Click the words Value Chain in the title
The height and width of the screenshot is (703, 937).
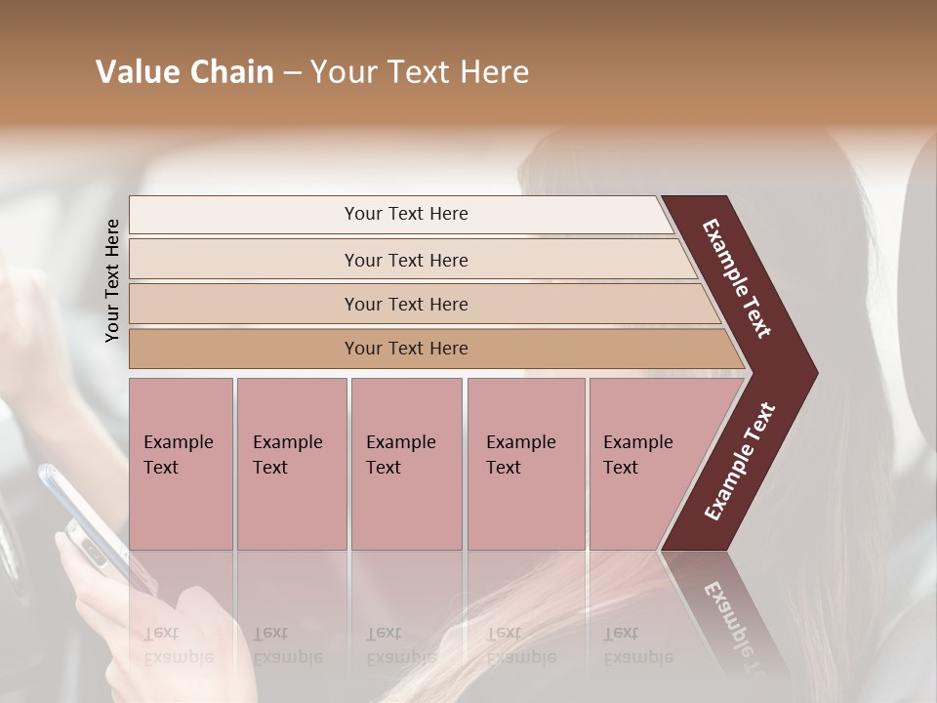(x=184, y=72)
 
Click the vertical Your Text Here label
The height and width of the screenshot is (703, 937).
(x=112, y=280)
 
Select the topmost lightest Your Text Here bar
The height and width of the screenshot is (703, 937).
(x=405, y=214)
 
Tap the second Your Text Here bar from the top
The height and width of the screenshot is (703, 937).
(x=406, y=260)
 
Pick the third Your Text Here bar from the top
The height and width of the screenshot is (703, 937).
(x=406, y=304)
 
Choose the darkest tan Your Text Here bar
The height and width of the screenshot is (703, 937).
(x=406, y=349)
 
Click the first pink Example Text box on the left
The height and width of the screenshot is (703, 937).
(x=181, y=463)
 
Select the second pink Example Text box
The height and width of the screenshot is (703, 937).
(x=291, y=463)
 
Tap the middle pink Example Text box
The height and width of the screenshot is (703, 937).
(x=406, y=463)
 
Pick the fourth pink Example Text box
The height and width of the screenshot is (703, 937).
(x=525, y=463)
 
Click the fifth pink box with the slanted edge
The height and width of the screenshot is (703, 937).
(x=644, y=463)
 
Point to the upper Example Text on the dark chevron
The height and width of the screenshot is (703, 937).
(x=737, y=278)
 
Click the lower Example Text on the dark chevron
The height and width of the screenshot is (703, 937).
(x=740, y=462)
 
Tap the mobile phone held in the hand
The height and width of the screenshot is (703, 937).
(x=83, y=517)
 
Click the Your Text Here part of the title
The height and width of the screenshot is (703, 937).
(x=420, y=72)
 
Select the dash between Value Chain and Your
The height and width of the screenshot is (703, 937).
(x=292, y=73)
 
